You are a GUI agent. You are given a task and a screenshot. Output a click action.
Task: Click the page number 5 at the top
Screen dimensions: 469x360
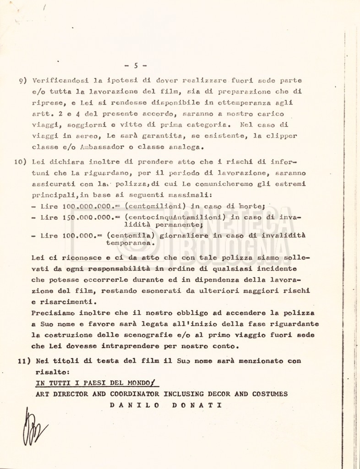pos(136,65)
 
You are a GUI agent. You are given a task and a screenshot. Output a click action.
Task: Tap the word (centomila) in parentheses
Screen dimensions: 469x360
pos(128,235)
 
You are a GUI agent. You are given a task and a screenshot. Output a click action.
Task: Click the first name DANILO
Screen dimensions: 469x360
pos(134,405)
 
